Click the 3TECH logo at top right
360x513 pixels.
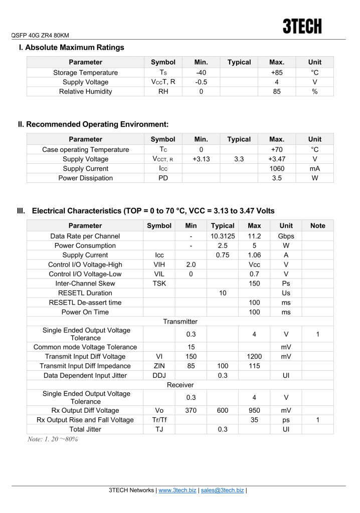[302, 26]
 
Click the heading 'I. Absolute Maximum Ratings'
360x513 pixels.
[71, 48]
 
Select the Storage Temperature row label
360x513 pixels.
[85, 73]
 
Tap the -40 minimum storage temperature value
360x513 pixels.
[201, 73]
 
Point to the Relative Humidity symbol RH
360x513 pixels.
[163, 92]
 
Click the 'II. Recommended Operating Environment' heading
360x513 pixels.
[93, 124]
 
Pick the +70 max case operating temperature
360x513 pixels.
[277, 150]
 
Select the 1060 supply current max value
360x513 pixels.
[277, 169]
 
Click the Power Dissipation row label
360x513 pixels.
[85, 178]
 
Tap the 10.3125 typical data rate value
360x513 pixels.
[223, 236]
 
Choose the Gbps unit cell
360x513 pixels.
[286, 236]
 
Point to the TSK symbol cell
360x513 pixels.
[159, 284]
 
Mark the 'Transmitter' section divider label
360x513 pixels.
[180, 322]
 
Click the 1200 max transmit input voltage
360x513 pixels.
[254, 357]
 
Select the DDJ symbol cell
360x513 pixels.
[159, 376]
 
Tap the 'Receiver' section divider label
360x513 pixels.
[180, 385]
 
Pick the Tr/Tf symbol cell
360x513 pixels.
[159, 420]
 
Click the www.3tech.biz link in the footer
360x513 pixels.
[177, 490]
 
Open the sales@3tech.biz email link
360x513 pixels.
[222, 490]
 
